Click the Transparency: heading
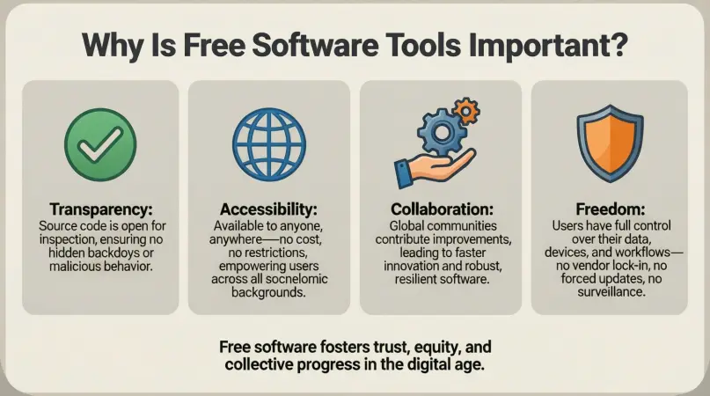pyautogui.click(x=99, y=210)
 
